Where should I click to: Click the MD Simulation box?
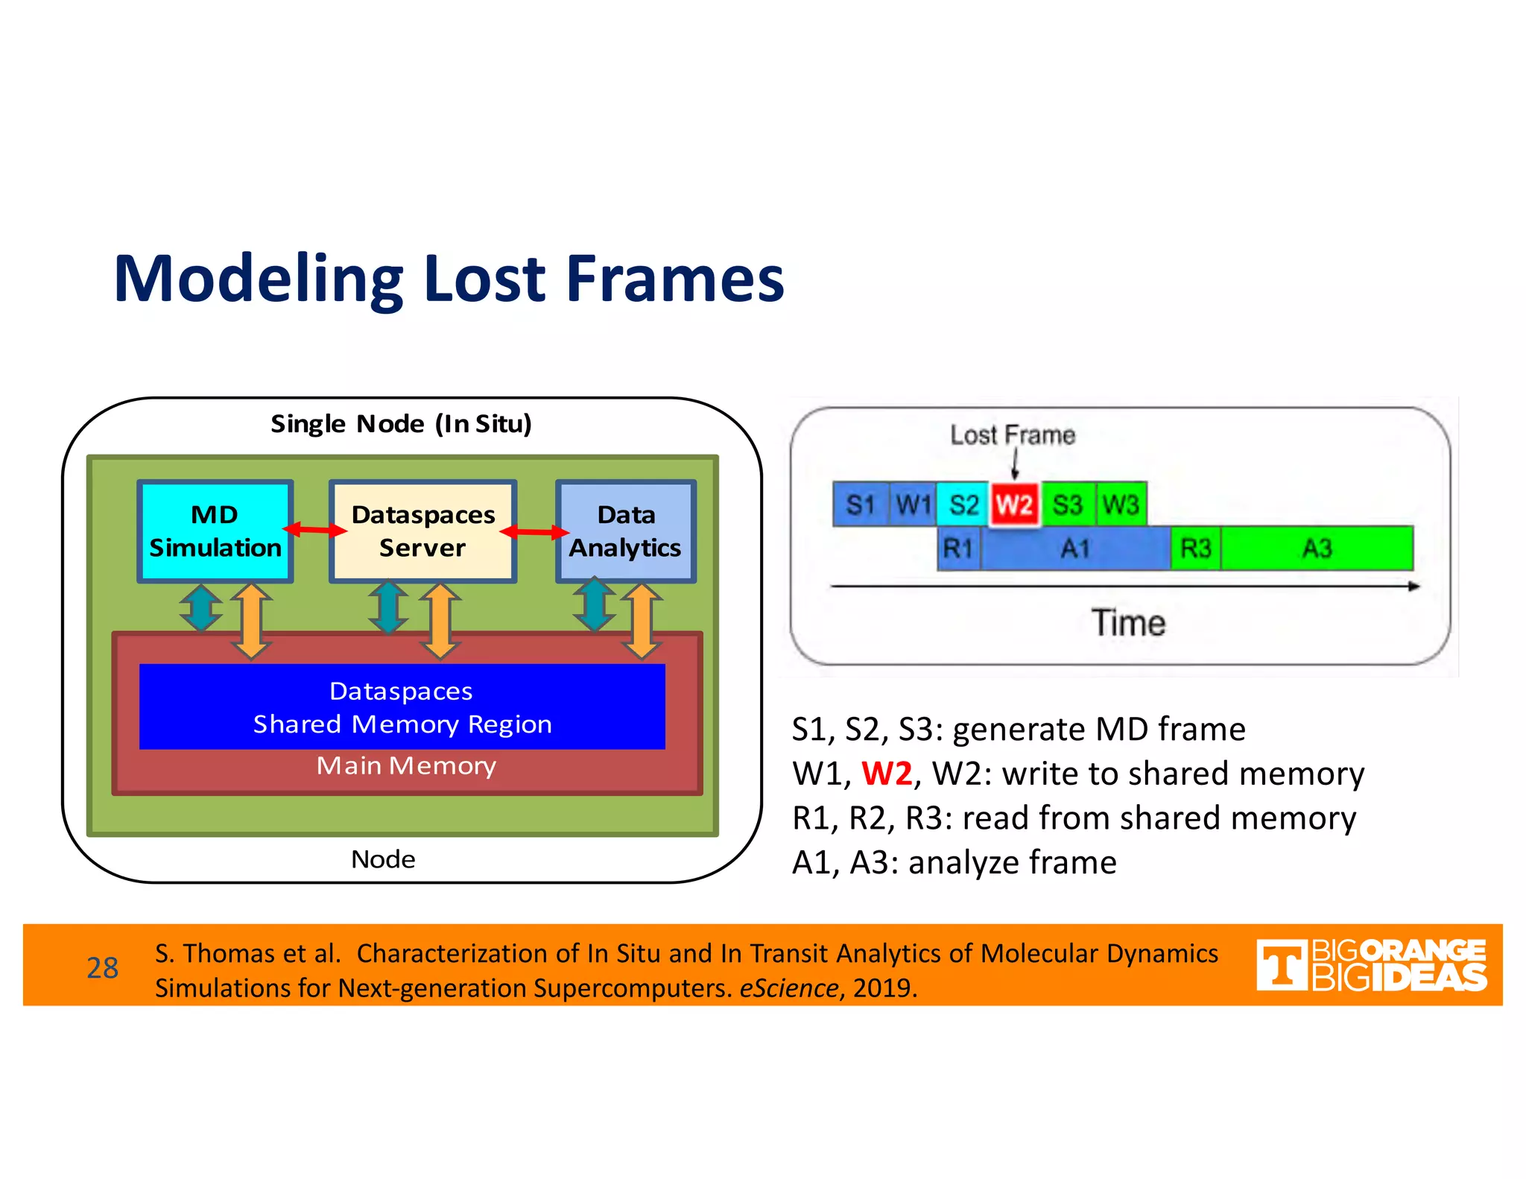coord(215,531)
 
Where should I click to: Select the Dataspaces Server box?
coord(422,531)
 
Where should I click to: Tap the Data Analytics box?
coord(626,531)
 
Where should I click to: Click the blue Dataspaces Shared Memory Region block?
coord(402,707)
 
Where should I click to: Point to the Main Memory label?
coord(406,766)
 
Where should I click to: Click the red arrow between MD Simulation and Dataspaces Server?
coord(314,530)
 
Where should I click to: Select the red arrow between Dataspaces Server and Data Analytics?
coord(534,531)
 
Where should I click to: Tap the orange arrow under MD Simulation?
coord(251,622)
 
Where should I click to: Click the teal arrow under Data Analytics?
coord(594,606)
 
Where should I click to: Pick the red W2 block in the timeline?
coord(1014,505)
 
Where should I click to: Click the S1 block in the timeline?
coord(861,505)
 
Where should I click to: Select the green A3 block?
coord(1317,549)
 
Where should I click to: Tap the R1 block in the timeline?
coord(958,549)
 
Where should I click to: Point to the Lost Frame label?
coord(1013,435)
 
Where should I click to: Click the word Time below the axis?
coord(1128,623)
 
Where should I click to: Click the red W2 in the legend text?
coord(887,774)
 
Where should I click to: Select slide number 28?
coord(102,967)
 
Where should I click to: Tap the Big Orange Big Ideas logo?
coord(1371,965)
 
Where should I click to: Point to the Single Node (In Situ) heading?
coord(401,424)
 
